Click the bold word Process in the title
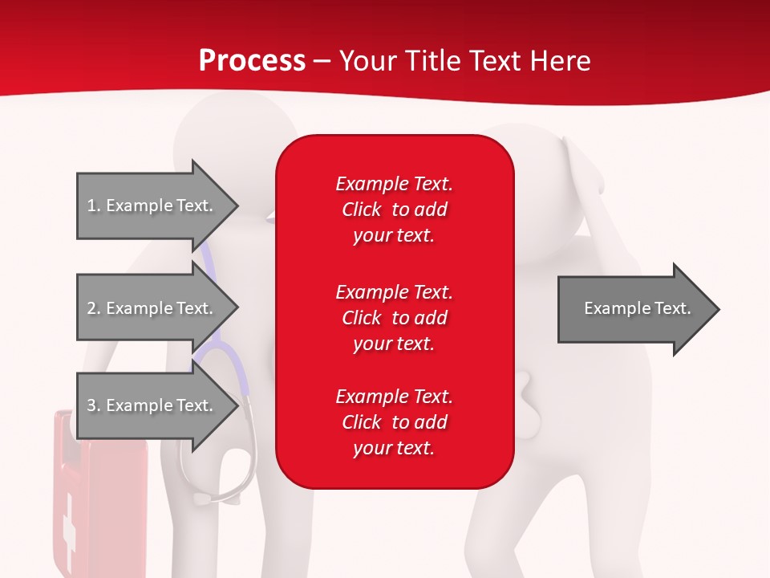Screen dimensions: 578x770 pos(252,61)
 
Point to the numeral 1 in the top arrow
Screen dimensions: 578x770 pos(91,206)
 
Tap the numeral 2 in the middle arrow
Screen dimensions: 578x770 pos(91,308)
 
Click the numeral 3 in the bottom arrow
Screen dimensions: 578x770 pos(91,405)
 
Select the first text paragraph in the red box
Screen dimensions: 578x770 pos(394,210)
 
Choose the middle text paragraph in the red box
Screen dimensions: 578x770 pos(394,317)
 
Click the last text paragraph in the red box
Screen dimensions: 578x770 pos(394,422)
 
